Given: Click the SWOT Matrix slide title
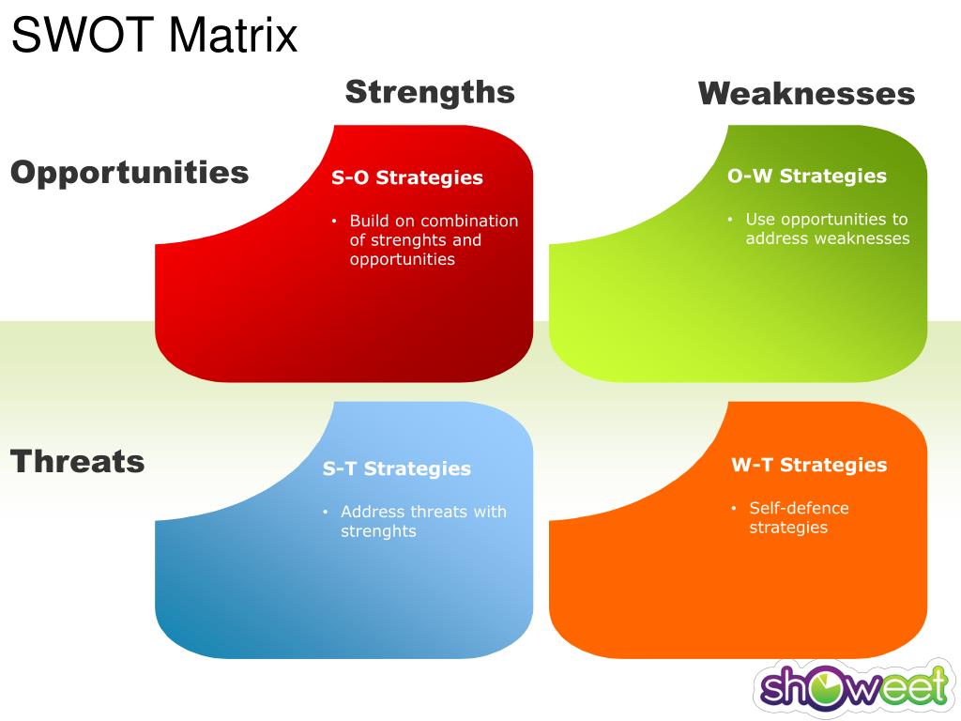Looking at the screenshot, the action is pyautogui.click(x=155, y=35).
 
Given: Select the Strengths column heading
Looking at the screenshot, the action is pyautogui.click(x=430, y=93).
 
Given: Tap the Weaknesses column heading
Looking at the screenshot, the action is pyautogui.click(x=806, y=94).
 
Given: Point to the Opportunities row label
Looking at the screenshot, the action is pyautogui.click(x=130, y=173).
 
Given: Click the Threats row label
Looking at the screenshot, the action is pyautogui.click(x=77, y=461).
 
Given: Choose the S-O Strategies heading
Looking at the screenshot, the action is pyautogui.click(x=407, y=177).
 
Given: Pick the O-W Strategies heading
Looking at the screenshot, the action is pyautogui.click(x=807, y=176).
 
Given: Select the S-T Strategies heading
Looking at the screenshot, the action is pyautogui.click(x=397, y=469).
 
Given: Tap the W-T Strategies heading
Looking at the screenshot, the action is pyautogui.click(x=809, y=465).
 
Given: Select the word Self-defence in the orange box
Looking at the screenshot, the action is pyautogui.click(x=800, y=508).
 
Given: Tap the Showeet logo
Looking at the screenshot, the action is pyautogui.click(x=854, y=687).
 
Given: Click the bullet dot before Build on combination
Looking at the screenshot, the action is pyautogui.click(x=334, y=221).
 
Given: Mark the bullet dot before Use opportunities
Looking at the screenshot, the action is pyautogui.click(x=730, y=219).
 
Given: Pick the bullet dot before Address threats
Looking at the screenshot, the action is pyautogui.click(x=326, y=512).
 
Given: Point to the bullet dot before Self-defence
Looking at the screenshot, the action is pyautogui.click(x=734, y=508).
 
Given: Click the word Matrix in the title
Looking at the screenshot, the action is pyautogui.click(x=233, y=35).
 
